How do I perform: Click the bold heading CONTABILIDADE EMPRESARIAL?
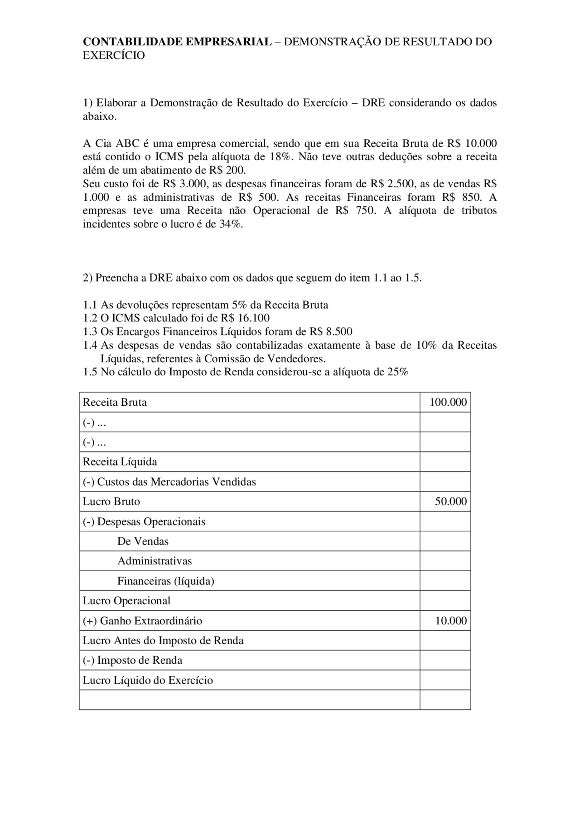[x=177, y=42]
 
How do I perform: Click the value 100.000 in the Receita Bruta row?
[x=448, y=403]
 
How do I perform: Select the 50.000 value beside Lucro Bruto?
[x=450, y=501]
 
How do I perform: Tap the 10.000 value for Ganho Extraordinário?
[x=450, y=621]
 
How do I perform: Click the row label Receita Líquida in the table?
[x=120, y=462]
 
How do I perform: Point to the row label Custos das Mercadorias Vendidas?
[x=176, y=482]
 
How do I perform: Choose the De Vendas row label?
[x=143, y=541]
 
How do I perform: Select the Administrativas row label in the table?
[x=155, y=561]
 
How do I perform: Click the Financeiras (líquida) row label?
[x=165, y=581]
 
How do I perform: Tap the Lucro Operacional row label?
[x=126, y=601]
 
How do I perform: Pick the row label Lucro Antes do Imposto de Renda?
[x=163, y=641]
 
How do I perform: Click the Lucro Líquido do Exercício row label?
[x=148, y=680]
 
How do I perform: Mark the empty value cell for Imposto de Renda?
[x=445, y=661]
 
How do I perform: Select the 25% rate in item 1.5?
[x=398, y=372]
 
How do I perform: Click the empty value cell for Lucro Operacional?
[x=445, y=601]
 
